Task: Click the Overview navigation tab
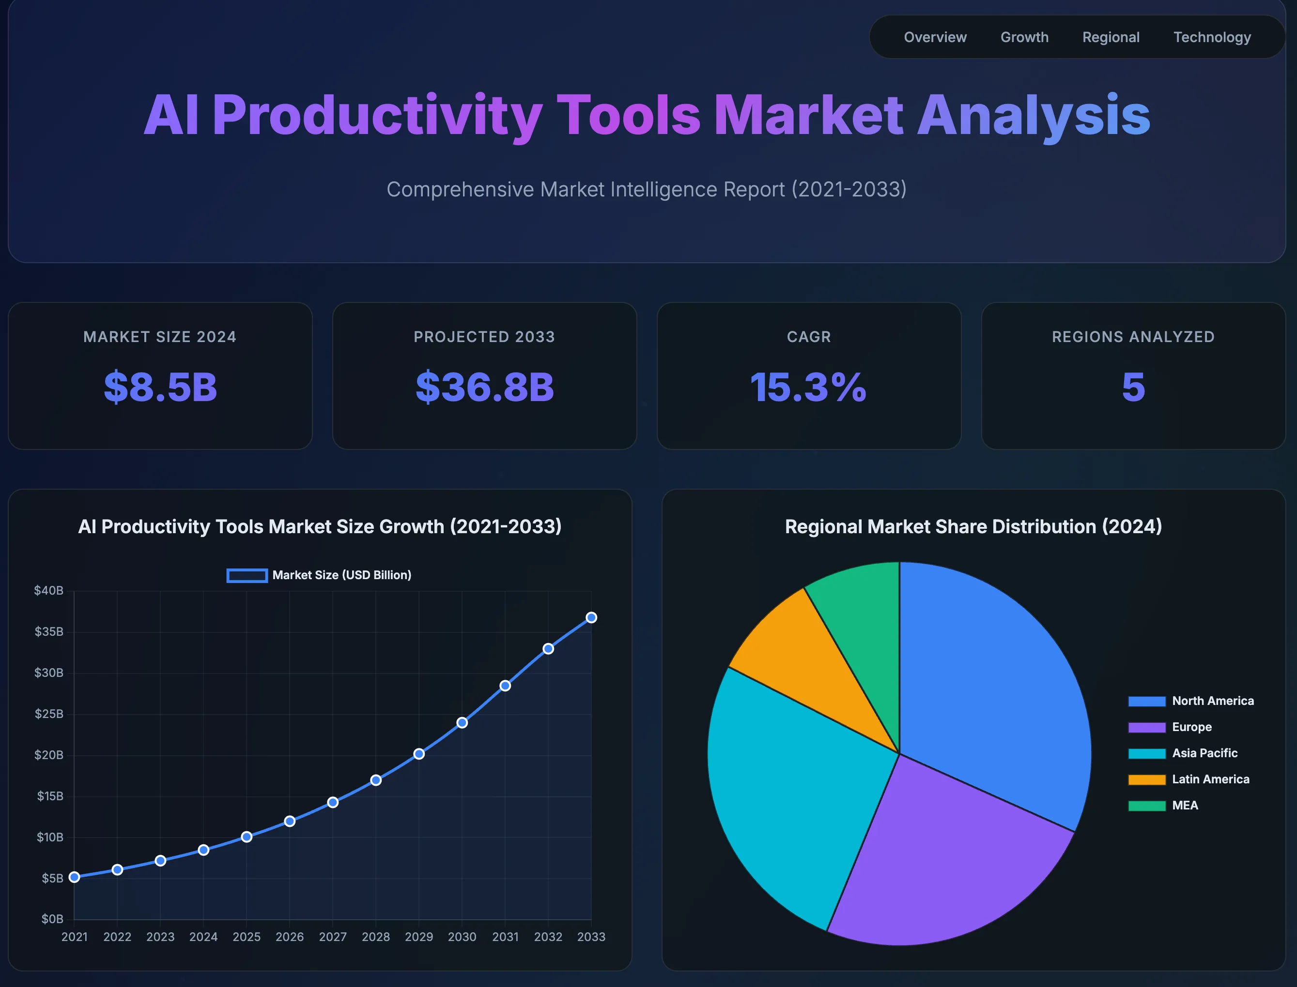[935, 37]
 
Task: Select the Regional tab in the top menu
[1111, 37]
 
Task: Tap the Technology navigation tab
[1212, 37]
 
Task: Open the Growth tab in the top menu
[1024, 37]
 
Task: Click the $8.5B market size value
[160, 387]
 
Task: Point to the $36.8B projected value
[484, 387]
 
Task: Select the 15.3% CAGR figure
[808, 387]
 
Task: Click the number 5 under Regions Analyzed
[1133, 387]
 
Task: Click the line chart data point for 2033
[591, 617]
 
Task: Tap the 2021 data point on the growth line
[74, 877]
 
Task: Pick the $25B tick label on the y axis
[49, 714]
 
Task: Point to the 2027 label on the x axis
[333, 937]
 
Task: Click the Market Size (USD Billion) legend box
[247, 575]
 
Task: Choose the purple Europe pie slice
[946, 864]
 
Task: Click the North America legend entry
[1190, 701]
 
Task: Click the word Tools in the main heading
[628, 115]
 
